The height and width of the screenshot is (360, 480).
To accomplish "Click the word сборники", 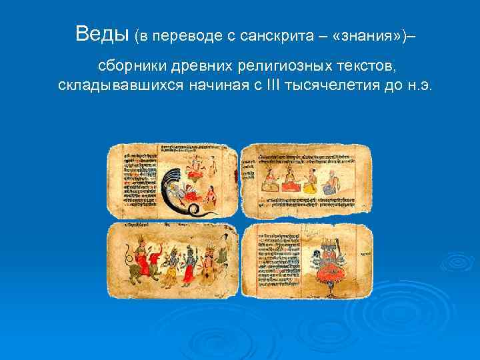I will (133, 67).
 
